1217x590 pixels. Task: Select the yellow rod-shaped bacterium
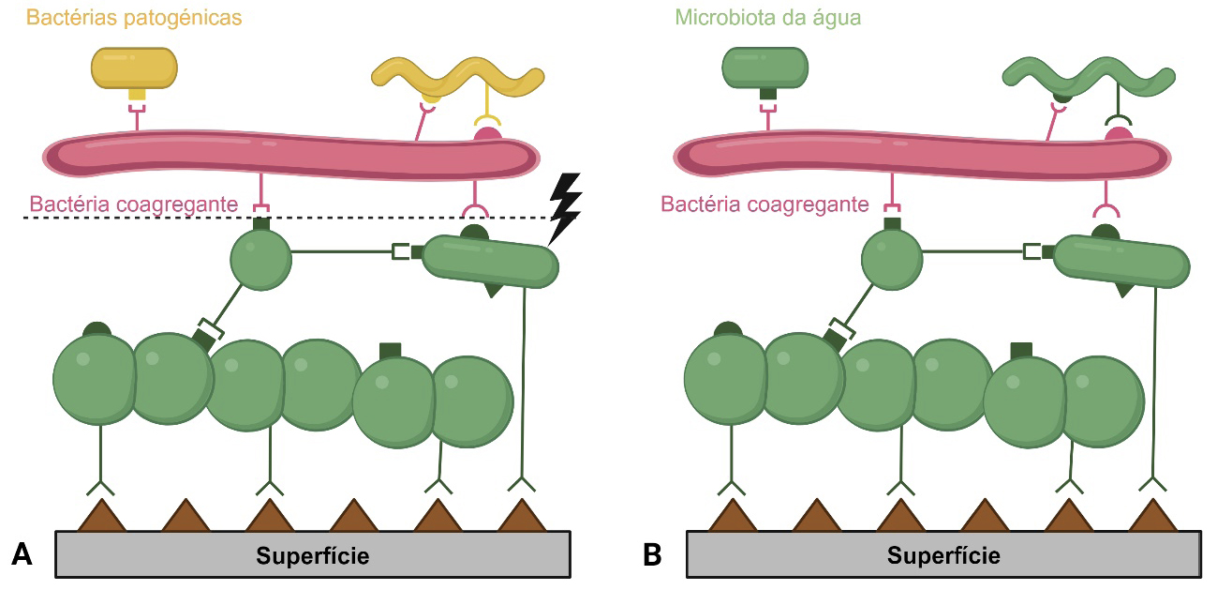point(134,67)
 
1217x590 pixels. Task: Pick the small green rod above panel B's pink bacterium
point(765,67)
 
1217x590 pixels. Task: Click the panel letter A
point(22,554)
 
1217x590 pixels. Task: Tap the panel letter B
point(653,554)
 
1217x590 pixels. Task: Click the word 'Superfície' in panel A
point(312,556)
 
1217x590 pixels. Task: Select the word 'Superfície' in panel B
point(943,556)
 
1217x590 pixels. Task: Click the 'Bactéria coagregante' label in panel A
point(133,204)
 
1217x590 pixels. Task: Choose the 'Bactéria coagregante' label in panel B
point(764,204)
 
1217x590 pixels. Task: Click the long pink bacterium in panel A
point(290,155)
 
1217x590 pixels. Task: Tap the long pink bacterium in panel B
point(922,155)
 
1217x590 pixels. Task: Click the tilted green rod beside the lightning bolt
point(492,263)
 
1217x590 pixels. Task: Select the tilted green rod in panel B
point(1122,263)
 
